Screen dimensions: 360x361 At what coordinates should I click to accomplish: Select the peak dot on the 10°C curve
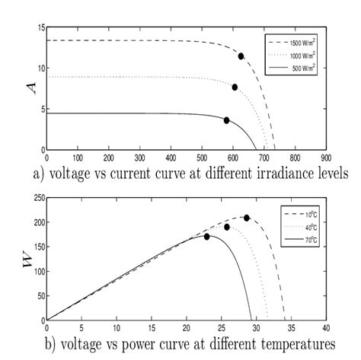click(x=247, y=218)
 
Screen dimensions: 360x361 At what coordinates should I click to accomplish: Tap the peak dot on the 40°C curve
click(x=227, y=227)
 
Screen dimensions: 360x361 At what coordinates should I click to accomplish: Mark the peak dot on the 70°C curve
click(x=206, y=237)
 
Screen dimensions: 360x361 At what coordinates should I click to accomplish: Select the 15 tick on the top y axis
click(x=40, y=28)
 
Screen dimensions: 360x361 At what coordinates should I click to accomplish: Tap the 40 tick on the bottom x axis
click(x=324, y=326)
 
